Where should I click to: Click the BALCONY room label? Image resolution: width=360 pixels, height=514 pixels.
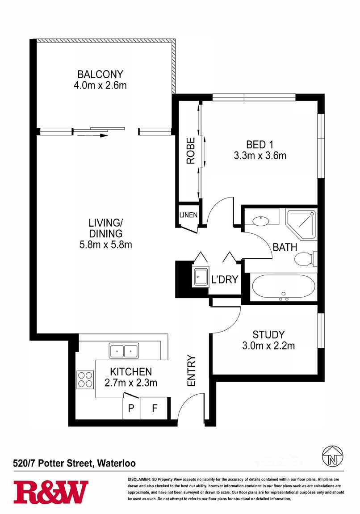[x=100, y=74]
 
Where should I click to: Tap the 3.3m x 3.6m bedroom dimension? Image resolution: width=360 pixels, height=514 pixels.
[x=260, y=156]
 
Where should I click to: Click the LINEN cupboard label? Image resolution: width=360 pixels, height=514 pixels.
[x=188, y=215]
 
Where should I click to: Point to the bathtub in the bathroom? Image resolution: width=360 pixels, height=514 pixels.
[x=283, y=287]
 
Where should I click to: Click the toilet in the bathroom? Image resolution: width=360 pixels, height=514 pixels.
[x=306, y=259]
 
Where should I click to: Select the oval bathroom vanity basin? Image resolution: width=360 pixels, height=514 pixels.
[x=259, y=220]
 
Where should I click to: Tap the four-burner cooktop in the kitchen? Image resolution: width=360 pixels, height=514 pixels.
[x=85, y=379]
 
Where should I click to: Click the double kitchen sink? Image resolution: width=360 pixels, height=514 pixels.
[x=124, y=350]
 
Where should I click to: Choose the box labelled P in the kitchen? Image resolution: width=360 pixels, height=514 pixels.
[x=131, y=409]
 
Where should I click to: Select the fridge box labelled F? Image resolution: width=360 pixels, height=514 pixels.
[x=155, y=409]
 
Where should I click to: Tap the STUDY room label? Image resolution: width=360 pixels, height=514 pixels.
[x=268, y=334]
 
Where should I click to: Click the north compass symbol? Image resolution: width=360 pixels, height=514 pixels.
[x=333, y=455]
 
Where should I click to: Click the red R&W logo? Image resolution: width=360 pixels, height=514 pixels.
[x=50, y=492]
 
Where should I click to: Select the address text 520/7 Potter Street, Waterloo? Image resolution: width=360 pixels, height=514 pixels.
[x=74, y=463]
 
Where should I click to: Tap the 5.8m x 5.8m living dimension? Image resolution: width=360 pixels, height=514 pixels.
[x=105, y=244]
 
